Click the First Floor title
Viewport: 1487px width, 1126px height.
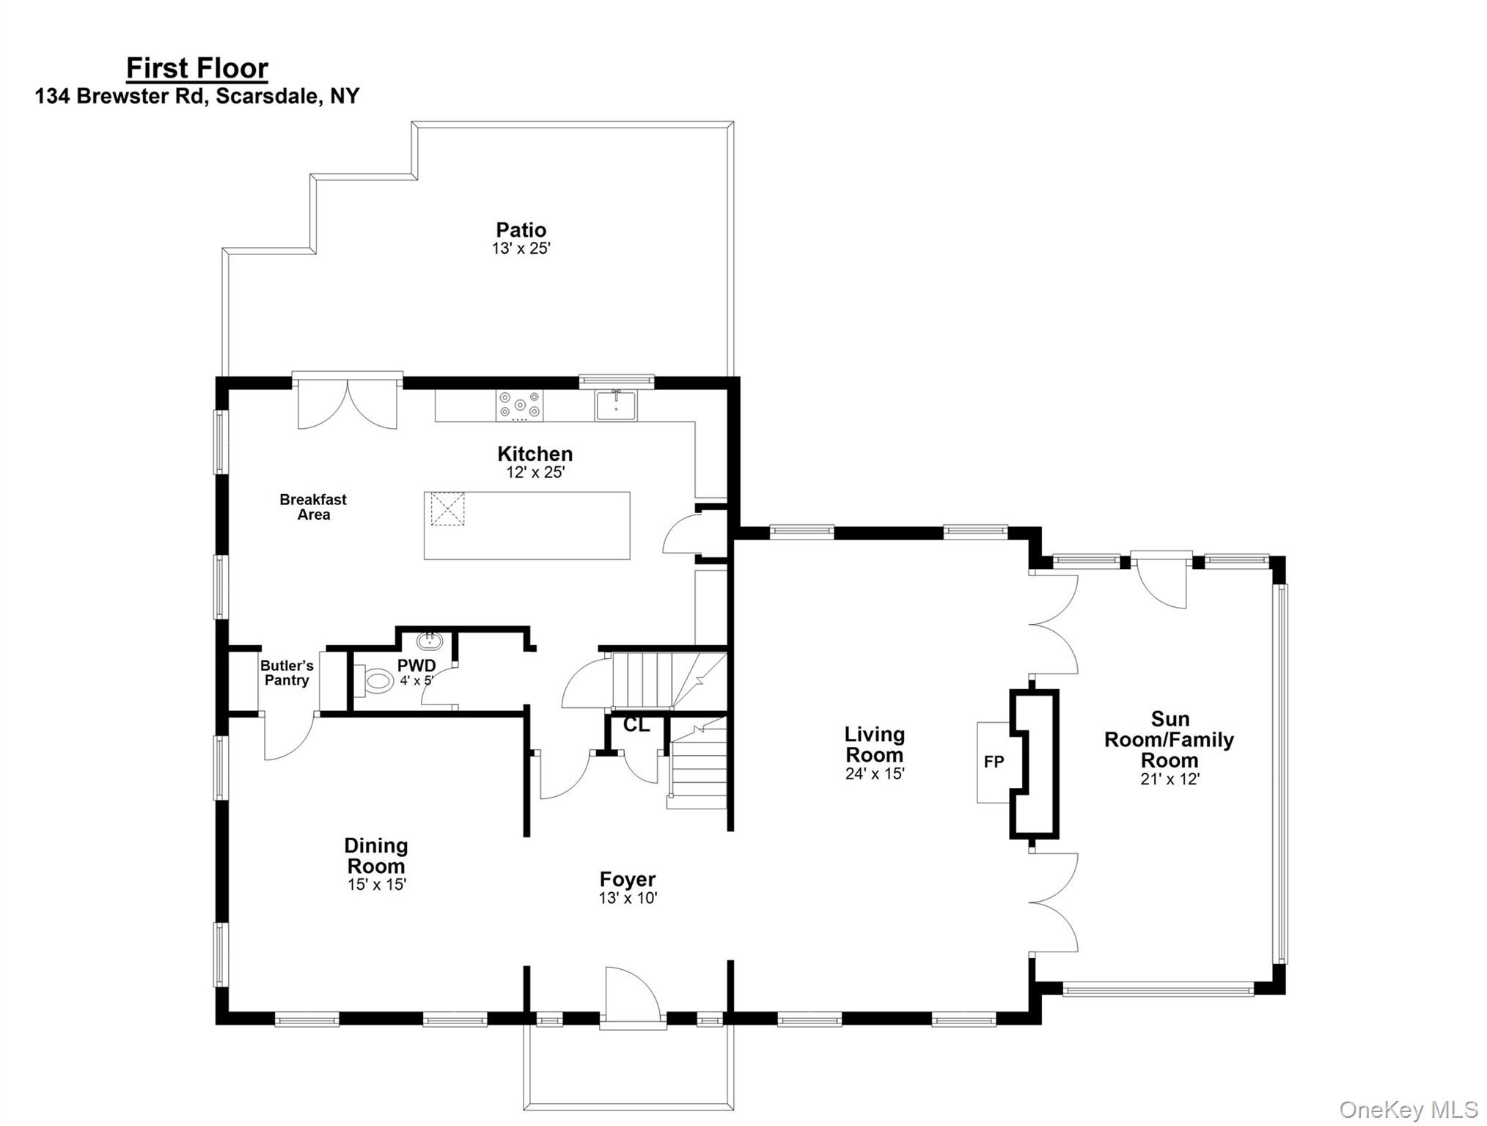pos(197,68)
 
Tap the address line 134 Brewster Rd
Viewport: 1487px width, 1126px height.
pos(197,96)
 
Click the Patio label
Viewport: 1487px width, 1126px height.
pos(521,229)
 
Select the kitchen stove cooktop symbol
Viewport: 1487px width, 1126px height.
pos(520,405)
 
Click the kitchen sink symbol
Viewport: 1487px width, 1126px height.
pos(615,405)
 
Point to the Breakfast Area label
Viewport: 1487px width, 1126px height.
pos(313,507)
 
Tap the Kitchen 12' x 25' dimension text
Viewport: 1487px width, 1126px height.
pos(535,473)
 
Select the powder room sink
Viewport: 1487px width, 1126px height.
pos(430,641)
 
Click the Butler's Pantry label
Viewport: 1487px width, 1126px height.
pos(287,672)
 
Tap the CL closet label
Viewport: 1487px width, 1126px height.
pos(636,725)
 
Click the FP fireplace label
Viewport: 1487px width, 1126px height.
pos(994,762)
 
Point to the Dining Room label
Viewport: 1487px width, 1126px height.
pos(375,855)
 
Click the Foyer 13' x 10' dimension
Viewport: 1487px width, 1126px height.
pos(628,898)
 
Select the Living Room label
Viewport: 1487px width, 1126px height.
pos(874,744)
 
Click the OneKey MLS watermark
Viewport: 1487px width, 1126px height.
pos(1409,1109)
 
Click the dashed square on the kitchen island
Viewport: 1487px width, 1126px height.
pos(447,509)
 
